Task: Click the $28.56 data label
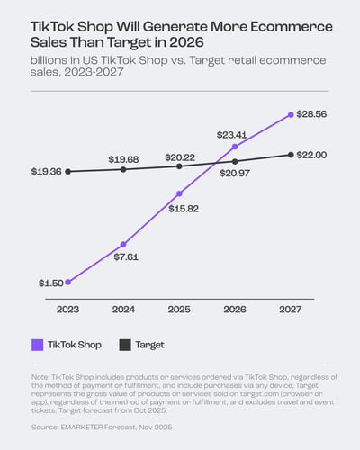click(x=319, y=115)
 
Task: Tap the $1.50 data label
click(x=50, y=283)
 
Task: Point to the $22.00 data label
click(x=319, y=155)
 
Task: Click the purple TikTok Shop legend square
click(x=38, y=344)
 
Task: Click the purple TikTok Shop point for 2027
click(x=291, y=114)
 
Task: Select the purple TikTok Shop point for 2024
click(x=124, y=244)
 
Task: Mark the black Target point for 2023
click(x=68, y=171)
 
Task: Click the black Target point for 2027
click(x=291, y=155)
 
